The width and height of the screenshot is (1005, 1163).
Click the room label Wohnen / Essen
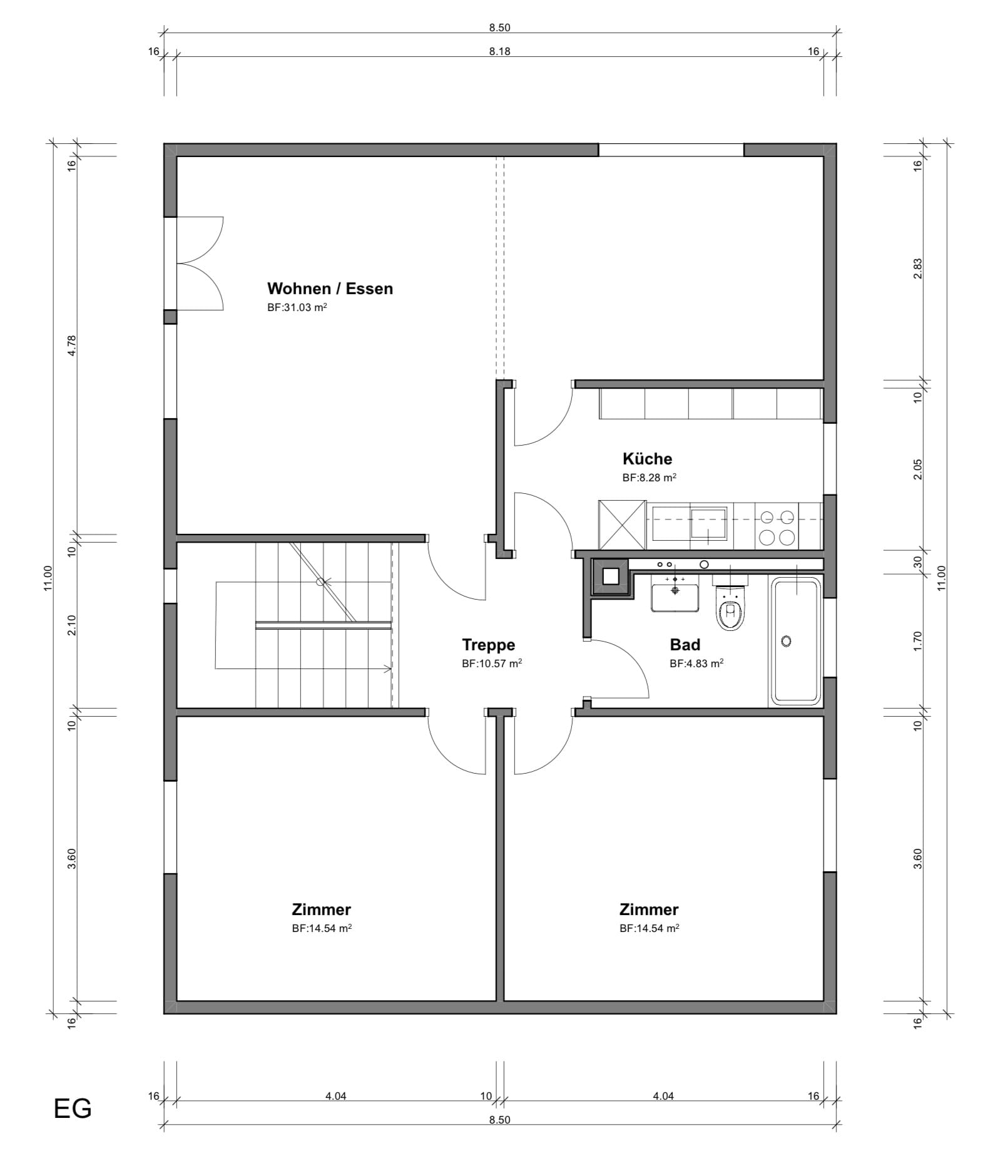[330, 289]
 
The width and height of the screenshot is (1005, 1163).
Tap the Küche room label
[647, 459]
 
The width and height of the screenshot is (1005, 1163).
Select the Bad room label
[685, 645]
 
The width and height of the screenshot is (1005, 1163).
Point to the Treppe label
[488, 645]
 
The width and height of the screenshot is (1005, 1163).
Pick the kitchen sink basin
[708, 523]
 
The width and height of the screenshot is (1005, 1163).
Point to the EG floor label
[73, 1109]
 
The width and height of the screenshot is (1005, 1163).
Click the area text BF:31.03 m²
[297, 307]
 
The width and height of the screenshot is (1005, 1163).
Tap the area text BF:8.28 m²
[649, 478]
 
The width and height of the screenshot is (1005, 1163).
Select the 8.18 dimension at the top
[499, 52]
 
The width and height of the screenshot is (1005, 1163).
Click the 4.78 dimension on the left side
[71, 346]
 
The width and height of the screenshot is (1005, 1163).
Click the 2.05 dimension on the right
[917, 469]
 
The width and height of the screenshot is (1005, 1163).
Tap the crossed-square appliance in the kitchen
[622, 525]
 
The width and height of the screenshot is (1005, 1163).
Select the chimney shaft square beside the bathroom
[612, 576]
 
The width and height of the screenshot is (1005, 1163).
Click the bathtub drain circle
[787, 641]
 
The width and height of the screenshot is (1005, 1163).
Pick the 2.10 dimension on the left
[71, 625]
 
